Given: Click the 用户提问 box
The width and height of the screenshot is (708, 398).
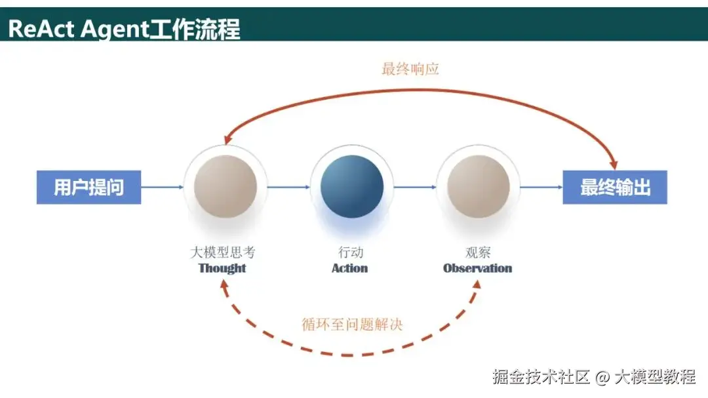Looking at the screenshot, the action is point(88,188).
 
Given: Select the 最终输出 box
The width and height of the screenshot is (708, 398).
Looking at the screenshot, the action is point(615,188).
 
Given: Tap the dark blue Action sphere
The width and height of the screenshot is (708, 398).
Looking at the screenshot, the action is point(352,186).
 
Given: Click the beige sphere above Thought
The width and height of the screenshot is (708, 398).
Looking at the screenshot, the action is point(226,186).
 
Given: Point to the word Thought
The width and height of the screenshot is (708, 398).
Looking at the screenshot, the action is point(222,268).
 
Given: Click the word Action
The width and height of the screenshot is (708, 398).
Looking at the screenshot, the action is point(349,268).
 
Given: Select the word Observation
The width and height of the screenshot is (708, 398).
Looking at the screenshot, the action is point(477,268).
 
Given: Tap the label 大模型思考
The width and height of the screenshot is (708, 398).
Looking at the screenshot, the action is point(222,252).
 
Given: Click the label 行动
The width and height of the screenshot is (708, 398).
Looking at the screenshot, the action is point(351,252).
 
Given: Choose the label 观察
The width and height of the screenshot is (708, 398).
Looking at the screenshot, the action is point(477,252).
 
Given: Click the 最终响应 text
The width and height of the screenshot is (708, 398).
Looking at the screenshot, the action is point(410,69).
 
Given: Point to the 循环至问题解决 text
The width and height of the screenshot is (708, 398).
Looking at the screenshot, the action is point(352,324).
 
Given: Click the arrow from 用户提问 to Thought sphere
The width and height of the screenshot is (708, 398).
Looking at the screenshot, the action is point(163,188).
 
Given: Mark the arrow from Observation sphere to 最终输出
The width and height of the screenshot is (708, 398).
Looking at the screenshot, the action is point(541,188).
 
